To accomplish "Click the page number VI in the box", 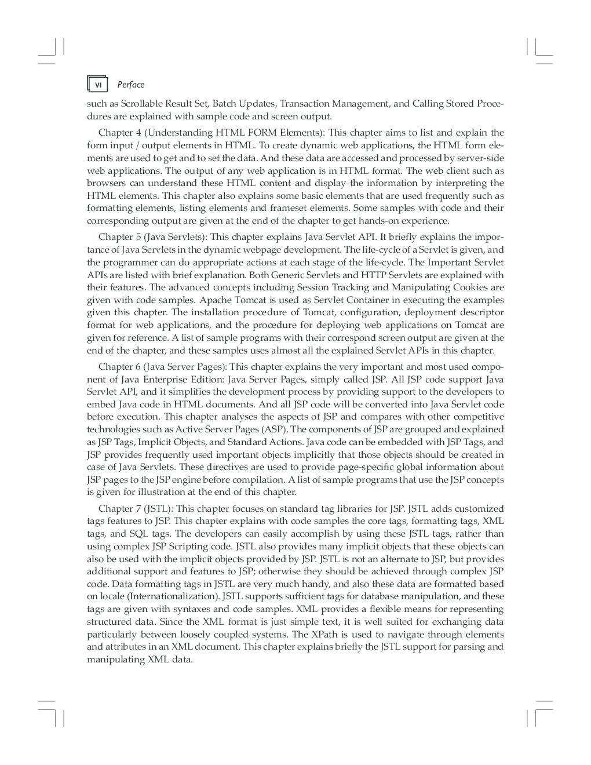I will coord(99,85).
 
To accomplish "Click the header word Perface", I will coord(130,85).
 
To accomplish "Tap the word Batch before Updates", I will coord(225,104).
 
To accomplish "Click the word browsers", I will coord(106,183).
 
